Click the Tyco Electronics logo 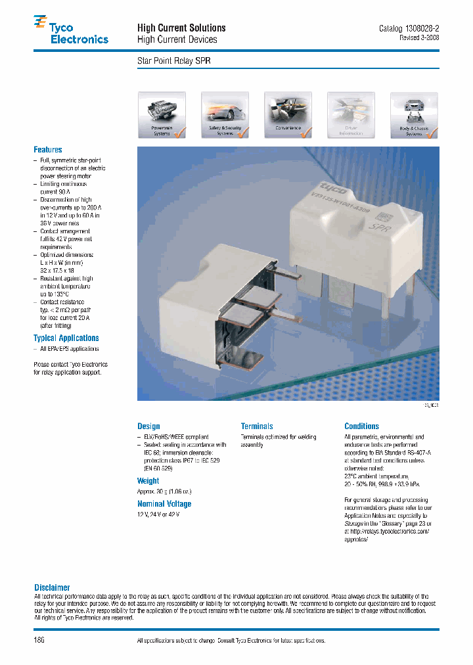tap(70, 32)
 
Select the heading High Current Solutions tap(181, 28)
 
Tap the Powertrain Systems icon tap(162, 115)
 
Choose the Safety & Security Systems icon tap(225, 115)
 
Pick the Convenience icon tap(288, 115)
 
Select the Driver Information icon tap(351, 115)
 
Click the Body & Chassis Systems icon tap(414, 115)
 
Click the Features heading tap(48, 150)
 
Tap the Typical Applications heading tap(66, 338)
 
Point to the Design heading tap(148, 426)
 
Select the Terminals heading tap(257, 426)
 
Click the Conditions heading tap(361, 426)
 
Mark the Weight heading tap(148, 481)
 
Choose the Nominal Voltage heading tap(164, 504)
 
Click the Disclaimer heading tap(52, 587)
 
